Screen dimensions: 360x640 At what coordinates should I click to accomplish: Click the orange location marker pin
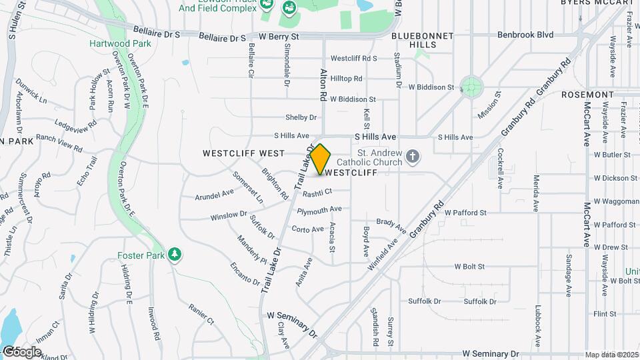(x=321, y=159)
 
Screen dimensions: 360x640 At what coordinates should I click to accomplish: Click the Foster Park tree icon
(x=175, y=255)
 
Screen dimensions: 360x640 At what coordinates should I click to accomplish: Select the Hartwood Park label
(x=121, y=43)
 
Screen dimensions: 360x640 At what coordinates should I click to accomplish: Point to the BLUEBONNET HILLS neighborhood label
(x=423, y=40)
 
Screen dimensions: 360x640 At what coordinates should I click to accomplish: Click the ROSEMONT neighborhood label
(x=587, y=95)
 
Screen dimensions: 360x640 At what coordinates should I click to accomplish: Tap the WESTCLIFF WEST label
(x=244, y=153)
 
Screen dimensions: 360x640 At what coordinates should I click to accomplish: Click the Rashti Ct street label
(x=317, y=193)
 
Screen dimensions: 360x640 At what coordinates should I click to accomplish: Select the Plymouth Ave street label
(x=319, y=211)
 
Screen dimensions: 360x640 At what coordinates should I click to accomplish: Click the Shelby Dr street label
(x=301, y=117)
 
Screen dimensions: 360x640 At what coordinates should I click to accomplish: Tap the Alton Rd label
(x=323, y=86)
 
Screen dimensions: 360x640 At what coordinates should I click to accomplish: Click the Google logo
(x=21, y=351)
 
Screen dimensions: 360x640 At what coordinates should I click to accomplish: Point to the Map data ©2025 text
(x=611, y=355)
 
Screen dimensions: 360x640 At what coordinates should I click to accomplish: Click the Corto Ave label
(x=307, y=229)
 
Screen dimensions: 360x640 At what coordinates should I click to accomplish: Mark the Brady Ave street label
(x=391, y=225)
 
